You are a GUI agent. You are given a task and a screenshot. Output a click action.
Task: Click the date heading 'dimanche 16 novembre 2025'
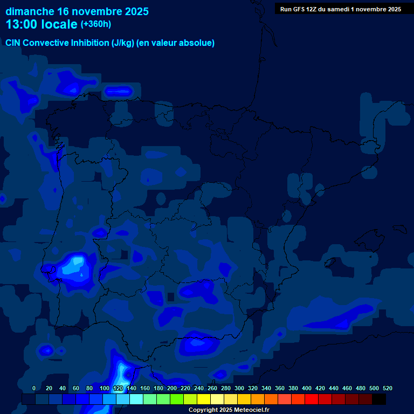point(77,11)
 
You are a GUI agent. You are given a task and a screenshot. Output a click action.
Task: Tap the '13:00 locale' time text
point(42,24)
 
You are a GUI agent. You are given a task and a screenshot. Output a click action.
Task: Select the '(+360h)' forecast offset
point(96,24)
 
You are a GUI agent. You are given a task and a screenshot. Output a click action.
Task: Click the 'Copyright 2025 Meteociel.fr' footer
point(229,410)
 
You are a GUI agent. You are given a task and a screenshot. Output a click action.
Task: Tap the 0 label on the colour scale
point(34,388)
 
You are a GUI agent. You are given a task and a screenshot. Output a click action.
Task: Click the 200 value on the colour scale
point(172,388)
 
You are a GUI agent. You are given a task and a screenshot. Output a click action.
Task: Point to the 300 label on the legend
point(239,388)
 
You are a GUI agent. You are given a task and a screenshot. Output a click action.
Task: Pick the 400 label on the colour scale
point(307,388)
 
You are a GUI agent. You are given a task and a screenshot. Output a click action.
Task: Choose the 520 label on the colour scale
point(388,388)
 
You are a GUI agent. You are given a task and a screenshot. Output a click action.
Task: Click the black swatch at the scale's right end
point(379,399)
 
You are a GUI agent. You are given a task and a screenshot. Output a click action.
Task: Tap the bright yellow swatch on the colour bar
point(204,399)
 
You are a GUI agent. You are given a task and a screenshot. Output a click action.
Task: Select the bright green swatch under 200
point(177,399)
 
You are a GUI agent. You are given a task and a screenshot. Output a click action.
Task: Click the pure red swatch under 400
point(312,399)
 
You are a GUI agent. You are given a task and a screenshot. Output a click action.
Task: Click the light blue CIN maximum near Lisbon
point(77,264)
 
